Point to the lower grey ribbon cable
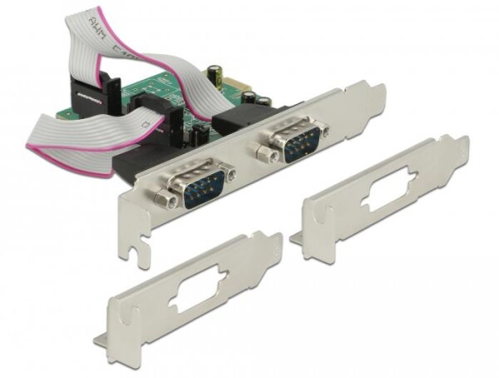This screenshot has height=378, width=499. tap(75, 133)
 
